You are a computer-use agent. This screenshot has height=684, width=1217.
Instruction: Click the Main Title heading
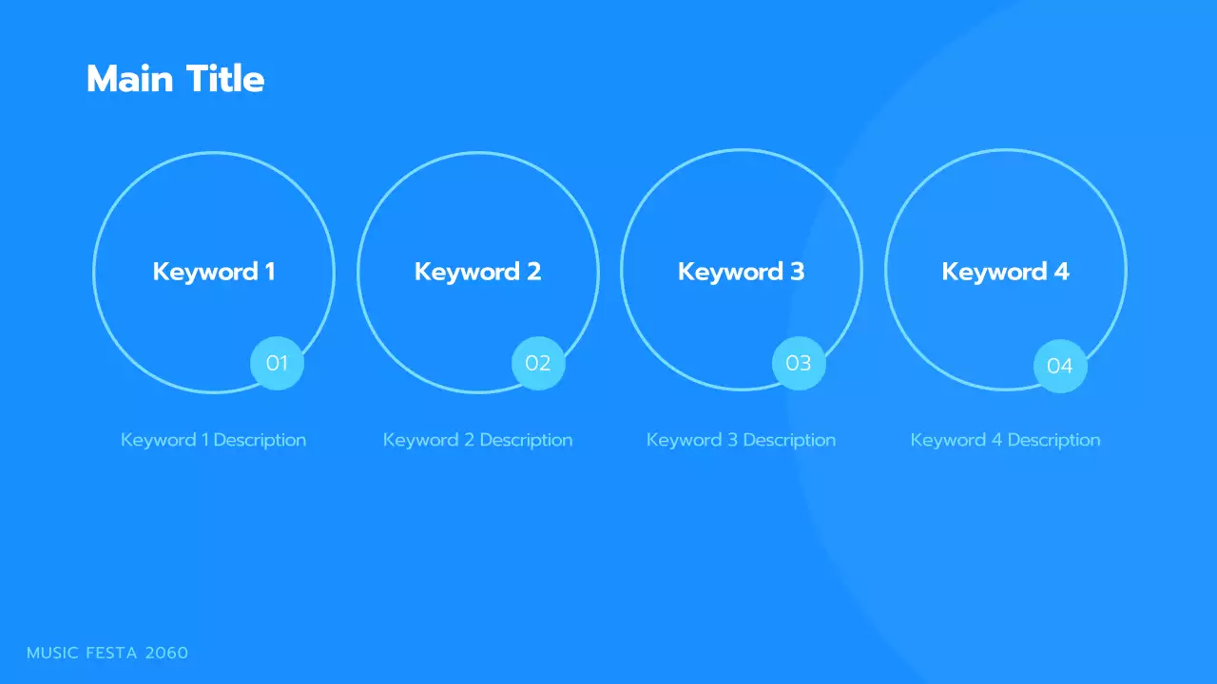click(x=175, y=79)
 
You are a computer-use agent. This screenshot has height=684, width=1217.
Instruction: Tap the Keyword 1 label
click(x=214, y=272)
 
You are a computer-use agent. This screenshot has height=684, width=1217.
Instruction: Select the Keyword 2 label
click(x=477, y=272)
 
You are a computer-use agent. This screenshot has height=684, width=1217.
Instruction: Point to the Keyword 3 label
click(x=741, y=272)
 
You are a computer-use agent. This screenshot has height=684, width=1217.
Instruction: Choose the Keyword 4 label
click(x=1005, y=272)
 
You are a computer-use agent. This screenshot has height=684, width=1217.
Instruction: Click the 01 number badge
click(x=277, y=363)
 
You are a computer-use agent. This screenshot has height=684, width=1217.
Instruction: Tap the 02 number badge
click(x=538, y=363)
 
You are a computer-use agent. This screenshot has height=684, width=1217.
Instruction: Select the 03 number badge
click(x=799, y=363)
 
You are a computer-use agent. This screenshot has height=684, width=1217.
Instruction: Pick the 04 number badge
click(x=1059, y=366)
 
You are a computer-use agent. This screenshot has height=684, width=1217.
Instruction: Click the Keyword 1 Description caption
click(x=214, y=440)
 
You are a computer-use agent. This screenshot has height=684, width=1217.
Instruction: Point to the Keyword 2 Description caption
click(x=477, y=440)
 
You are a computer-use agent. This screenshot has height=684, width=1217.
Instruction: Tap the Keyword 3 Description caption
click(x=741, y=440)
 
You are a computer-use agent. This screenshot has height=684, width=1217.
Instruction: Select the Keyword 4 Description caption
click(x=1005, y=440)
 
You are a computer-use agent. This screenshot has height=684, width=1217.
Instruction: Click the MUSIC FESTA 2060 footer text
click(x=107, y=653)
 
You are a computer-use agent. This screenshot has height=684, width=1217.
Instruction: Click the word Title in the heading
click(x=225, y=79)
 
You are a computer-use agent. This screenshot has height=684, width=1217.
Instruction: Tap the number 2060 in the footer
click(x=166, y=653)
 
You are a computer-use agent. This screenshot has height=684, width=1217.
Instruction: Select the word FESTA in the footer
click(x=112, y=653)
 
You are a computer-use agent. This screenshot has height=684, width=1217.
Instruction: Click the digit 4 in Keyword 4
click(x=1061, y=272)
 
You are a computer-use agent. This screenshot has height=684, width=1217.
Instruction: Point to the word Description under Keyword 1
click(x=260, y=440)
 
